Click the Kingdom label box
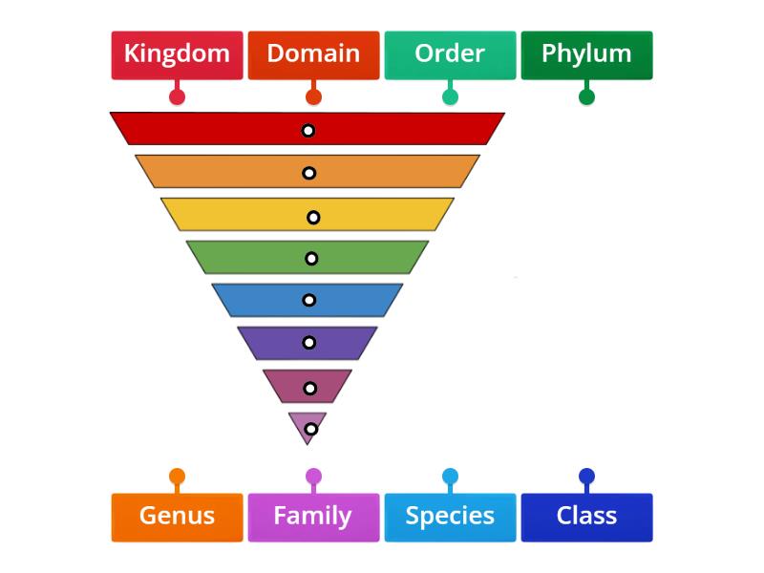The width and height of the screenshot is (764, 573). pos(177,54)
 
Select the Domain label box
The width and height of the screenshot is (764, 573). pos(313,54)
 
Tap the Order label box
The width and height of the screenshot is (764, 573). pos(450,54)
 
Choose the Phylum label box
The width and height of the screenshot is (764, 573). pos(586,54)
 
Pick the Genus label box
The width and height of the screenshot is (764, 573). pos(177,517)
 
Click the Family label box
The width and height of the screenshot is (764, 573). pos(313,517)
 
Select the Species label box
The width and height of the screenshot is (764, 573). pos(450,517)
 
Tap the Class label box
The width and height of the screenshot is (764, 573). pos(586,517)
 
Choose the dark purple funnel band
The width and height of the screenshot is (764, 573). pos(277,343)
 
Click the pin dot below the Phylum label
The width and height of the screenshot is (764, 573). pos(586,96)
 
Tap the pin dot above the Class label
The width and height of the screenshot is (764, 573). pos(586,476)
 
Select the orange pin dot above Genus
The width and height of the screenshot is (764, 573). pos(177,476)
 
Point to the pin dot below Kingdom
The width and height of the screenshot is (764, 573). pos(177,96)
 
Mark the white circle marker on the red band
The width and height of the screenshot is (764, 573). pos(308,131)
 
